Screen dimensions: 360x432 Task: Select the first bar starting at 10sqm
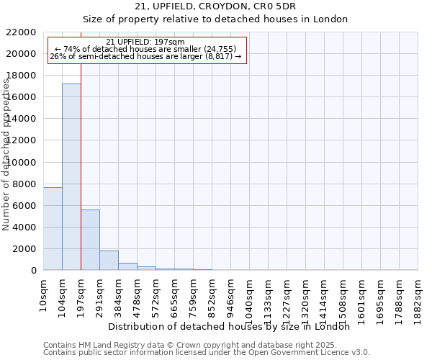pos(53,228)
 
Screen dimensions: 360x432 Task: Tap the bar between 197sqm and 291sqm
pos(90,240)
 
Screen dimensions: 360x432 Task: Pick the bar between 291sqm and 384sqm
pos(109,261)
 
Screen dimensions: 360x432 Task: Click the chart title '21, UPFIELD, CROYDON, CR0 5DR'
pos(216,6)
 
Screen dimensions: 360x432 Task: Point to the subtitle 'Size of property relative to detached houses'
pos(216,19)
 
